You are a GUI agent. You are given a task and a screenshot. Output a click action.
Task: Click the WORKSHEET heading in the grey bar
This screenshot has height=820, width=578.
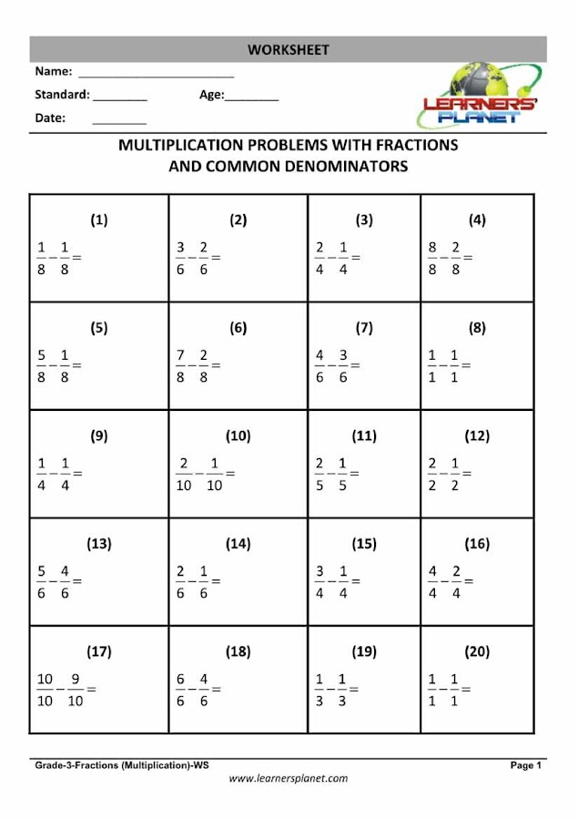coord(288,49)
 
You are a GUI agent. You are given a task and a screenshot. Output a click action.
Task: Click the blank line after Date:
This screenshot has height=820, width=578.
coord(118,122)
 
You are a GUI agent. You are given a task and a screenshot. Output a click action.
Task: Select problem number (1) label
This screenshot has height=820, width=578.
coord(98,220)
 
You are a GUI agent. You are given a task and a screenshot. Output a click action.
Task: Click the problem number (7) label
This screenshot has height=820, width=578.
coord(364,328)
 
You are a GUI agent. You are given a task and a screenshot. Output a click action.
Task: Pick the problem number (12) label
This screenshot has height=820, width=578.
coord(477,436)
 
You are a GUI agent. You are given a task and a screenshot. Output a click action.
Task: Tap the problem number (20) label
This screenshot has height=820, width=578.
coord(477,651)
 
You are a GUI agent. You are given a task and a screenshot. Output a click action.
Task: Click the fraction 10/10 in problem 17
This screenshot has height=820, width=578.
coord(46,690)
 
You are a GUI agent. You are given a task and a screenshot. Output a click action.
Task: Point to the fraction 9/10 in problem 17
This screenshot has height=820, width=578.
coord(75,690)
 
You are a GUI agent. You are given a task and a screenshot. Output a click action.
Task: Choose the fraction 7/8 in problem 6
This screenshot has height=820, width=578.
coord(180,365)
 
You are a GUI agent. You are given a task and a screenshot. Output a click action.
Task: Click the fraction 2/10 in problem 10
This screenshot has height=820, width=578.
coord(184,474)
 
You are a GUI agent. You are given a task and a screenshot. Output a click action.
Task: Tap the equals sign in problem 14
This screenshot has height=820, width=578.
coord(215,581)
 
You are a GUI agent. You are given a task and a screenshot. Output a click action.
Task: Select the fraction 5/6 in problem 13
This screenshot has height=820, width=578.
coord(41,581)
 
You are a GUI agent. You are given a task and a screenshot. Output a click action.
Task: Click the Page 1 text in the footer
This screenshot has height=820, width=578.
coord(526,766)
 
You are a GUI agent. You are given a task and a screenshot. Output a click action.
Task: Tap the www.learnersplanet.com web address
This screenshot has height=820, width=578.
coord(288,779)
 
